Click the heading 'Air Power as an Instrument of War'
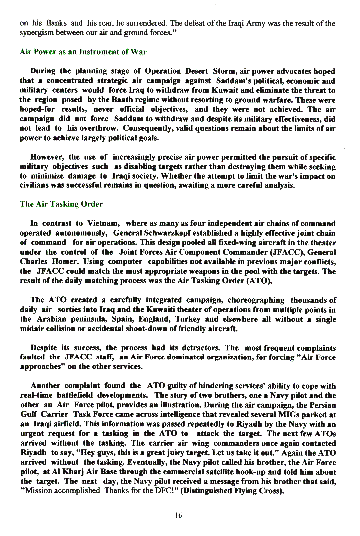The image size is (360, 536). [x=83, y=52]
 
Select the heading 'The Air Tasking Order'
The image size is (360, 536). [x=61, y=204]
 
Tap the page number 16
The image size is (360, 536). [x=178, y=516]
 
